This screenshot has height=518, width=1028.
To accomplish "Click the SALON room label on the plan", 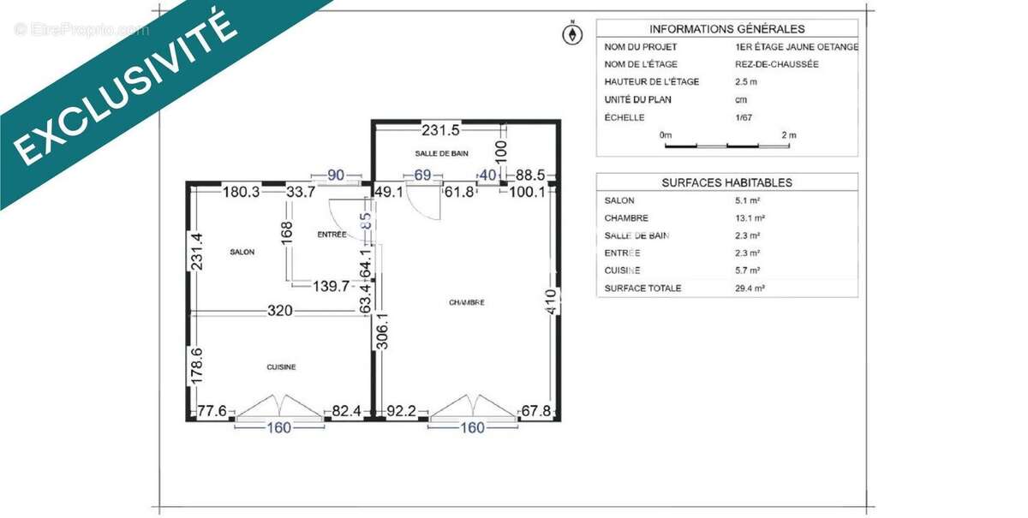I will pyautogui.click(x=242, y=253).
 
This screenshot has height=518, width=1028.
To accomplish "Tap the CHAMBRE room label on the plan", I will pyautogui.click(x=466, y=302).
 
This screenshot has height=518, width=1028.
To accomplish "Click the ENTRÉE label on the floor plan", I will pyautogui.click(x=332, y=234).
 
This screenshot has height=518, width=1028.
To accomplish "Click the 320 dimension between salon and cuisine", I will pyautogui.click(x=280, y=311).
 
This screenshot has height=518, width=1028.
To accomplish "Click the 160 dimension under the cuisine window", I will pyautogui.click(x=279, y=427).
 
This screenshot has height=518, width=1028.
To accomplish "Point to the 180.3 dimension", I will pyautogui.click(x=241, y=193).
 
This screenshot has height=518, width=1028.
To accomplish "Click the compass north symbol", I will pyautogui.click(x=571, y=33).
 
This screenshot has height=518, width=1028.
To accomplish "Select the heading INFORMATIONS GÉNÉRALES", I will pyautogui.click(x=726, y=28).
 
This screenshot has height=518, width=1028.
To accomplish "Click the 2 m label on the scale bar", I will pyautogui.click(x=788, y=135).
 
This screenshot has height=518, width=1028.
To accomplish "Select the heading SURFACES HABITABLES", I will pyautogui.click(x=726, y=182).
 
